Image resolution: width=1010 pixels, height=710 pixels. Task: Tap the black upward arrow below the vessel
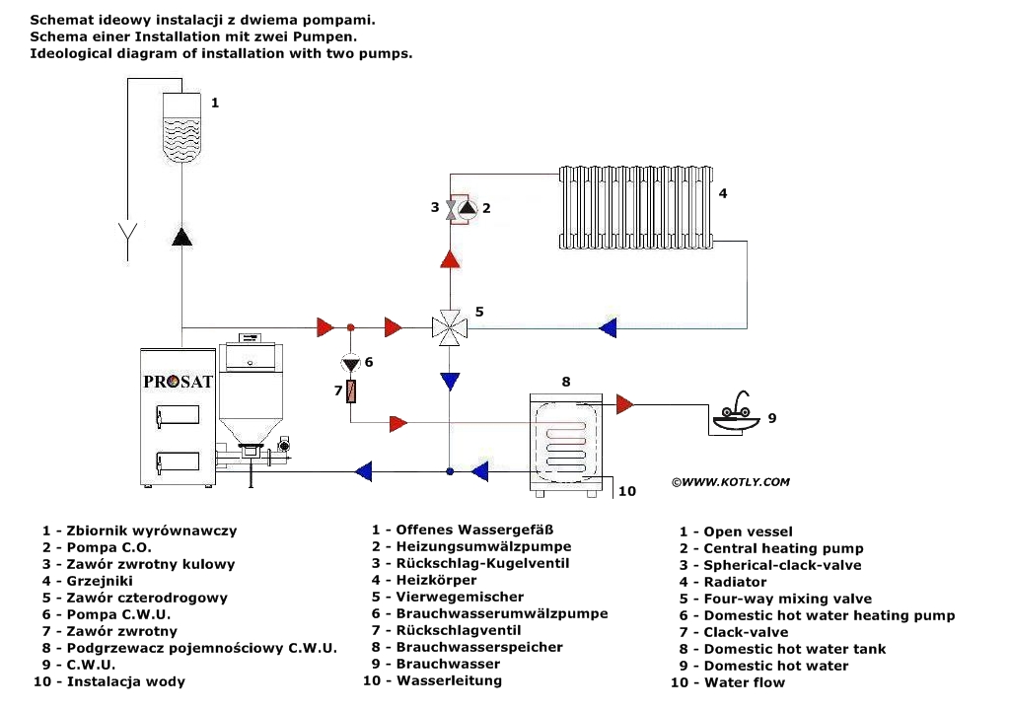181,237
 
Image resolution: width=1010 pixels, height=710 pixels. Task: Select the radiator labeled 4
635,206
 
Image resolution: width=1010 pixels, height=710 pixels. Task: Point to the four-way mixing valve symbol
450,326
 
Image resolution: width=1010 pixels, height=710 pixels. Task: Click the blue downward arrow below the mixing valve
450,380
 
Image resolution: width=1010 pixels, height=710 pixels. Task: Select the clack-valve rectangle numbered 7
350,392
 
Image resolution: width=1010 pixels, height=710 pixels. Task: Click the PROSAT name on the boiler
179,382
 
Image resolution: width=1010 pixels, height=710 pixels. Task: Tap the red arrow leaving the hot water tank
625,402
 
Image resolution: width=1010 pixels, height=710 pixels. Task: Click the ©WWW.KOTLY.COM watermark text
730,482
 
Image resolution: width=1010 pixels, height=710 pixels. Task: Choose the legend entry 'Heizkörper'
436,580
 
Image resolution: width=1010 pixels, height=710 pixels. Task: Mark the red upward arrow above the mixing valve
450,259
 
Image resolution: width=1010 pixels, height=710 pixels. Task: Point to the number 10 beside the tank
627,490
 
